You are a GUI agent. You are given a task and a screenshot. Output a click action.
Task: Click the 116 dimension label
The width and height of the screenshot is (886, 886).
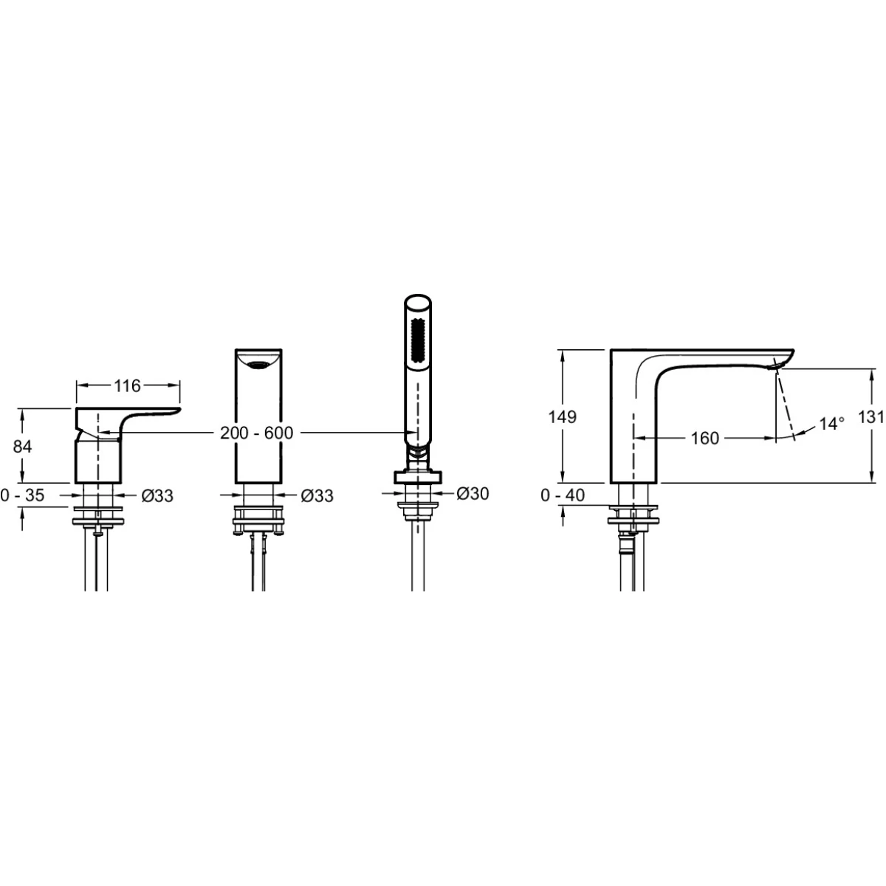[127, 385]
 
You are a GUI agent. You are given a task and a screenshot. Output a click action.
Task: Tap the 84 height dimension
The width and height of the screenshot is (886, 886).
[22, 446]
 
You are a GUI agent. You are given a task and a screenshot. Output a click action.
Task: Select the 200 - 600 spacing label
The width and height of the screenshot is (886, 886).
[256, 433]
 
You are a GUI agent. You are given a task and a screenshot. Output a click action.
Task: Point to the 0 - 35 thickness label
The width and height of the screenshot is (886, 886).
[22, 495]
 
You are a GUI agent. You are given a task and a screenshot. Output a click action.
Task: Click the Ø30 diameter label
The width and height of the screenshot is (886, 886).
[473, 493]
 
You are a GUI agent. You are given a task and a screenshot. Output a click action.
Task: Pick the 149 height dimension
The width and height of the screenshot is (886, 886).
[562, 417]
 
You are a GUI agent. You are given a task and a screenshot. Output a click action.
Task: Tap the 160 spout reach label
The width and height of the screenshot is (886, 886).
[705, 438]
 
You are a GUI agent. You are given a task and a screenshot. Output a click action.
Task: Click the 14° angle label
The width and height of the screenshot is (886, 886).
[832, 424]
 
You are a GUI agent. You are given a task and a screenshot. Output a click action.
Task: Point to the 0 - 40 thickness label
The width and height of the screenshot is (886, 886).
[563, 495]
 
